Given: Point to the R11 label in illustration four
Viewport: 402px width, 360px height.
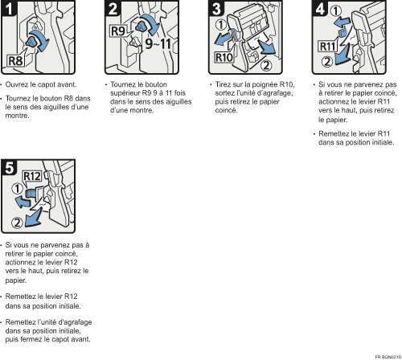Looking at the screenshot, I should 328,47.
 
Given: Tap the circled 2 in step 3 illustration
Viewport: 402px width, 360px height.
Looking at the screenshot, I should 265,64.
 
